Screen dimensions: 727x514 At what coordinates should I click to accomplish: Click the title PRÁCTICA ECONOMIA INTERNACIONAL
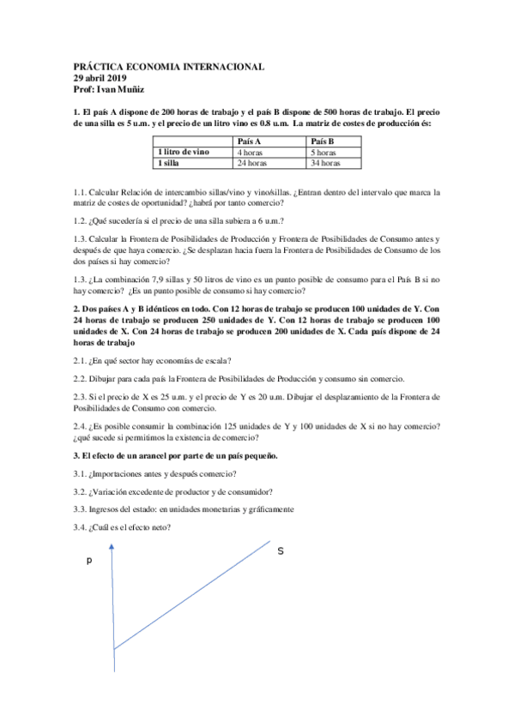[169, 67]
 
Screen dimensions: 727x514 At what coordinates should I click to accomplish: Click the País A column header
[249, 141]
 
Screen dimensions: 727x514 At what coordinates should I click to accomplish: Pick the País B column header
[322, 141]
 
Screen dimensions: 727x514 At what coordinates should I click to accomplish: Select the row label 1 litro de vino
[183, 152]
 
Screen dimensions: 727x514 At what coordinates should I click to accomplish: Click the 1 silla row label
[170, 162]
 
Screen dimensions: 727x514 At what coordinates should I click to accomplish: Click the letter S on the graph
[280, 550]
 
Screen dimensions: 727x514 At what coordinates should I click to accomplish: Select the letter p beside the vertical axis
[88, 562]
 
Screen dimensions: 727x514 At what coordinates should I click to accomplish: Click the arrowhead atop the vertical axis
[114, 537]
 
